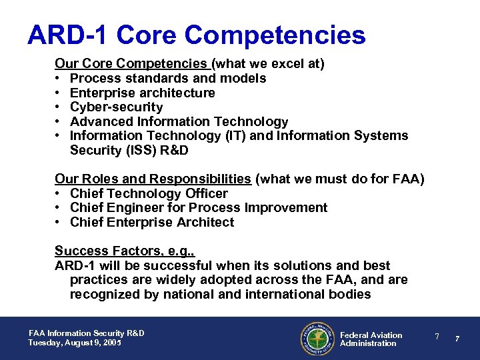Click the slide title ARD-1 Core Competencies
196,35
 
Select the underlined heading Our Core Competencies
131,64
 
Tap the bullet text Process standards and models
168,79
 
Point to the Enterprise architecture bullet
142,93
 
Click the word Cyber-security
116,107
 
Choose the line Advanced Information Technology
179,121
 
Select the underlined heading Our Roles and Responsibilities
153,179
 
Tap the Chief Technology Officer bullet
149,193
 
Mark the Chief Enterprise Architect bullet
152,223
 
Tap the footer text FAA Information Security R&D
86,333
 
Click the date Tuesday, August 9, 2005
75,343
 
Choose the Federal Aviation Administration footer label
371,339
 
